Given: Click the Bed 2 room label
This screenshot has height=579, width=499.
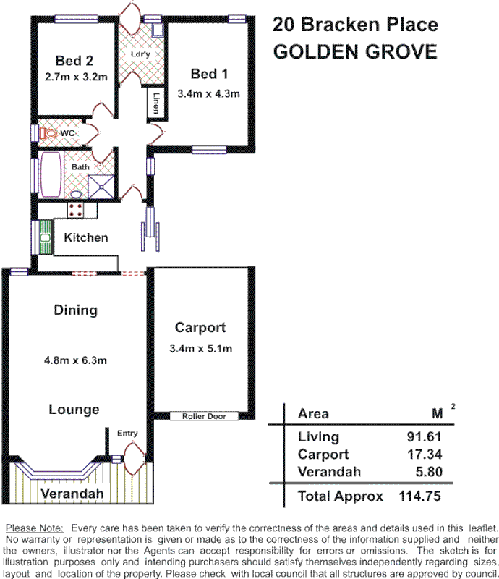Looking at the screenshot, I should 74,61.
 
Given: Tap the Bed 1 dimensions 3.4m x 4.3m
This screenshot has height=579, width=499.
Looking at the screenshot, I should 208,93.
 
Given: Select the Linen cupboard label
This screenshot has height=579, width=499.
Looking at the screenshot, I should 156,102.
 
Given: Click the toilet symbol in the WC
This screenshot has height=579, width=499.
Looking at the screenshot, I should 48,133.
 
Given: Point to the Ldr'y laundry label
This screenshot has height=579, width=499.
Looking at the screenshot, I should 140,54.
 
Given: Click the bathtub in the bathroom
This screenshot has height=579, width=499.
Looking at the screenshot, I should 51,175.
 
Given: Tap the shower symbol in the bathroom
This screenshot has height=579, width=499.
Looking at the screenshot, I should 101,187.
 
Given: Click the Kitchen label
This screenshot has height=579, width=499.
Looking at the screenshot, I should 86,237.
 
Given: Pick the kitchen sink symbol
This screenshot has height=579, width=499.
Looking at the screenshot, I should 45,237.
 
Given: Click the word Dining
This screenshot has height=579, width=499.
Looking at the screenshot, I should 75,310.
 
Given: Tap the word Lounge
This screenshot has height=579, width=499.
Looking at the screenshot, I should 74,410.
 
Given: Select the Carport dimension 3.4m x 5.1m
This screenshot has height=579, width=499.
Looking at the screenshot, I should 200,349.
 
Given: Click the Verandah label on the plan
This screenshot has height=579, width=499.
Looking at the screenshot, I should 72,494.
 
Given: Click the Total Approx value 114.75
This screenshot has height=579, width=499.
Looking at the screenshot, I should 419,496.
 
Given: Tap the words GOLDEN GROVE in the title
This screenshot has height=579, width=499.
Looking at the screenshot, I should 354,52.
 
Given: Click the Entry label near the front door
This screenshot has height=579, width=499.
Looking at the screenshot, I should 127,433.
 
